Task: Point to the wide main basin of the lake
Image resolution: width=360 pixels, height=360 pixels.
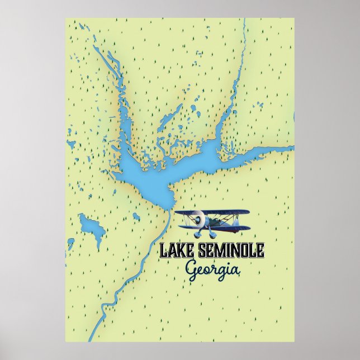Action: [148, 176]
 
